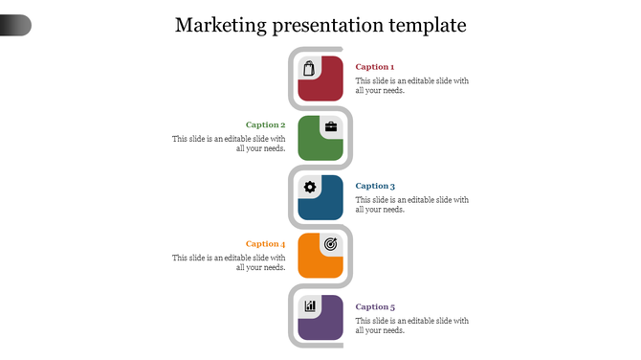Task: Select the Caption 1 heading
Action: point(375,67)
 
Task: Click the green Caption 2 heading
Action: point(265,124)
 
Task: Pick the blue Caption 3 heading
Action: point(375,186)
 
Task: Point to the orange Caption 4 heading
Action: point(265,244)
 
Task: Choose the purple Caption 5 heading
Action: point(375,306)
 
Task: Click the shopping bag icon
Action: point(309,68)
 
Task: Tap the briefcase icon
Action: point(331,126)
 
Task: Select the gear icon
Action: point(309,187)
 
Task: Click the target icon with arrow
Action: point(331,244)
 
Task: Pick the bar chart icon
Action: point(309,306)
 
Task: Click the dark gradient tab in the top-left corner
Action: point(15,25)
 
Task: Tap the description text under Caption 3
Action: point(412,205)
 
